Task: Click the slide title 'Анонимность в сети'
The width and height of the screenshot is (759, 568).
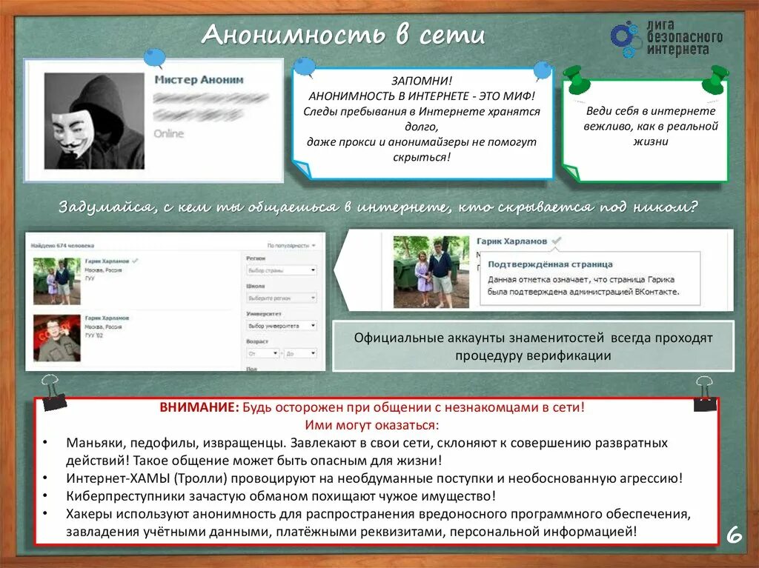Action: [343, 35]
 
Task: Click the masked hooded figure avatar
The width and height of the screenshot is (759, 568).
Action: [94, 121]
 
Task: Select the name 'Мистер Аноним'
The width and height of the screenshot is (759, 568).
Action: [199, 79]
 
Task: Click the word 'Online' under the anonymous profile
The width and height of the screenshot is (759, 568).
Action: [168, 133]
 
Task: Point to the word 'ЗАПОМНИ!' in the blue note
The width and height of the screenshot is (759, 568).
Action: [421, 81]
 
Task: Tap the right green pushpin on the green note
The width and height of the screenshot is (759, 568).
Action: [717, 77]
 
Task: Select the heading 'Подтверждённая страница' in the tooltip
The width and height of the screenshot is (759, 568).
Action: [550, 264]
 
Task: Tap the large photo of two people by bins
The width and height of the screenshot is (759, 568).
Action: [431, 272]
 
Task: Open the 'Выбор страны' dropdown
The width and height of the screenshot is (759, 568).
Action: [281, 270]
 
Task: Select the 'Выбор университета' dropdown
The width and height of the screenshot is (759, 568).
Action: [281, 325]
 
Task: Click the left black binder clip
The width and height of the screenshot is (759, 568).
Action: [53, 393]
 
